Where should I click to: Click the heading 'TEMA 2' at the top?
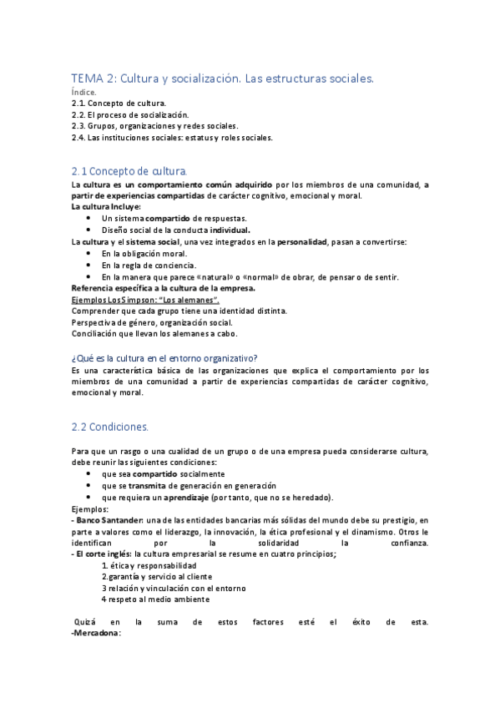click(x=93, y=78)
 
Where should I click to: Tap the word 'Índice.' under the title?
click(x=83, y=92)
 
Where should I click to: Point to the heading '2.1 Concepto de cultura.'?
click(x=129, y=170)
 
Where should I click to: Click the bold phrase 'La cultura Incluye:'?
click(x=106, y=206)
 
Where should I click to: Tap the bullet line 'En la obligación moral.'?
click(x=144, y=253)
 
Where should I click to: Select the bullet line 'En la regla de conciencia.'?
click(x=149, y=265)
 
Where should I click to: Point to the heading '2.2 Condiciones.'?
click(x=109, y=427)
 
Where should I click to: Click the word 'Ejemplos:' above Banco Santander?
click(x=91, y=508)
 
